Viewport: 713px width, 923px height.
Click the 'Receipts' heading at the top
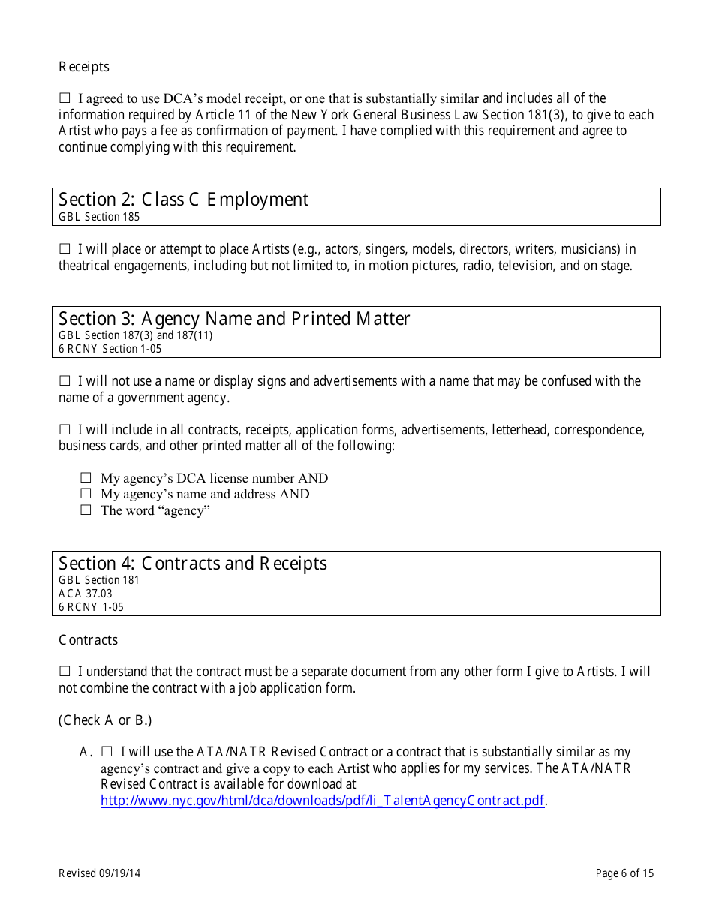[x=84, y=67]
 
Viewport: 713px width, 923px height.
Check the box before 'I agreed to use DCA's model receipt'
[x=65, y=98]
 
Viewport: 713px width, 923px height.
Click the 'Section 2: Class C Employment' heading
[x=183, y=200]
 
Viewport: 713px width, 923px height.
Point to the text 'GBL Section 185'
[x=99, y=217]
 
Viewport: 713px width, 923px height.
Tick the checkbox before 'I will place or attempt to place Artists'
[x=65, y=249]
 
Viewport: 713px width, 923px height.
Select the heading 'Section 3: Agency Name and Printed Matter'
[x=234, y=319]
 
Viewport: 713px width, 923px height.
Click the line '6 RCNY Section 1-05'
[x=110, y=349]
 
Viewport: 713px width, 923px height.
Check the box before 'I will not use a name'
[x=65, y=381]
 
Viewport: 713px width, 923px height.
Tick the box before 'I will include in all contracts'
[x=65, y=430]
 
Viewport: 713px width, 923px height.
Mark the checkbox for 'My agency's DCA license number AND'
[x=86, y=478]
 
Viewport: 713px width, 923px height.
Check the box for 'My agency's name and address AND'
[x=86, y=494]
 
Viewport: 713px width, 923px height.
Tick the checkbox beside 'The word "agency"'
[x=86, y=510]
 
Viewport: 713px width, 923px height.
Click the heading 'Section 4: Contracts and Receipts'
[x=193, y=564]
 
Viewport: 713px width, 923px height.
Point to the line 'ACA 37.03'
[x=86, y=594]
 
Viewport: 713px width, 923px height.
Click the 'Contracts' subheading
[x=89, y=640]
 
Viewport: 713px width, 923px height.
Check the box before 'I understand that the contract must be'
[x=65, y=672]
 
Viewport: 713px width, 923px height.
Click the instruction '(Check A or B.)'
[x=105, y=720]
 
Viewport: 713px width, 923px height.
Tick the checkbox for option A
[x=107, y=752]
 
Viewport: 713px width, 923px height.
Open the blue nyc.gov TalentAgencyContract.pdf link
[x=323, y=801]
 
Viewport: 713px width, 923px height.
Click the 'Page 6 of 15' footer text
[x=624, y=873]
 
